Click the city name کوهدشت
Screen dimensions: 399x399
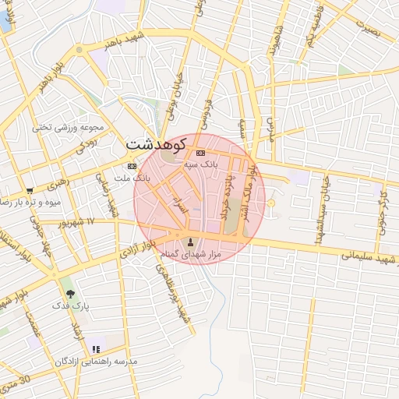(x=156, y=144)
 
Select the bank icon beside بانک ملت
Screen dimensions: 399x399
(x=130, y=166)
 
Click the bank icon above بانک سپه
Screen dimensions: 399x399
(x=200, y=153)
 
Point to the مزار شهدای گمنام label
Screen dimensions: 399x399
(x=191, y=255)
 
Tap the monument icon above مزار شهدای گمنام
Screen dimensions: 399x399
(x=192, y=242)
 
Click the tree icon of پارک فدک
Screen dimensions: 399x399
(x=71, y=294)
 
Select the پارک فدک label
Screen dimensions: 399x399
(x=72, y=306)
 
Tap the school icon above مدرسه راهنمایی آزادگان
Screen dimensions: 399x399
(x=96, y=350)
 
